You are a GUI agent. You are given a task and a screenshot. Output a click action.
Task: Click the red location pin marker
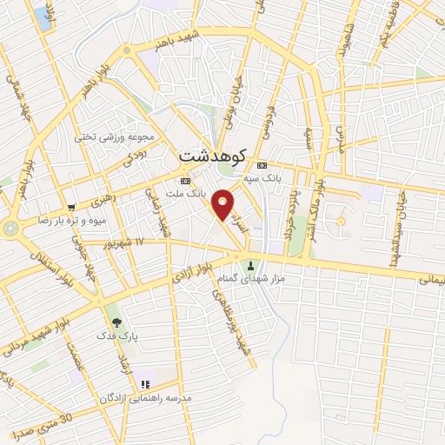[223, 205]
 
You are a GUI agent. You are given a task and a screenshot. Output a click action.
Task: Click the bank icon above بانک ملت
[184, 180]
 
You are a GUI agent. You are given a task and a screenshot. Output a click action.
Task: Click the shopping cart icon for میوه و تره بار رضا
[70, 208]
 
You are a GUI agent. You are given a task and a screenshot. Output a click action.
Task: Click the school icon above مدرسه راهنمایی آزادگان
[145, 383]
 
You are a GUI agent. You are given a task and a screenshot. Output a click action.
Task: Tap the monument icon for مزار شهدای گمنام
[252, 265]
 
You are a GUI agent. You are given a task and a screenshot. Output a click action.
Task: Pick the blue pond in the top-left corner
[43, 19]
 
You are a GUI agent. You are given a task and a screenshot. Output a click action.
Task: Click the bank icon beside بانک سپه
[262, 165]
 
